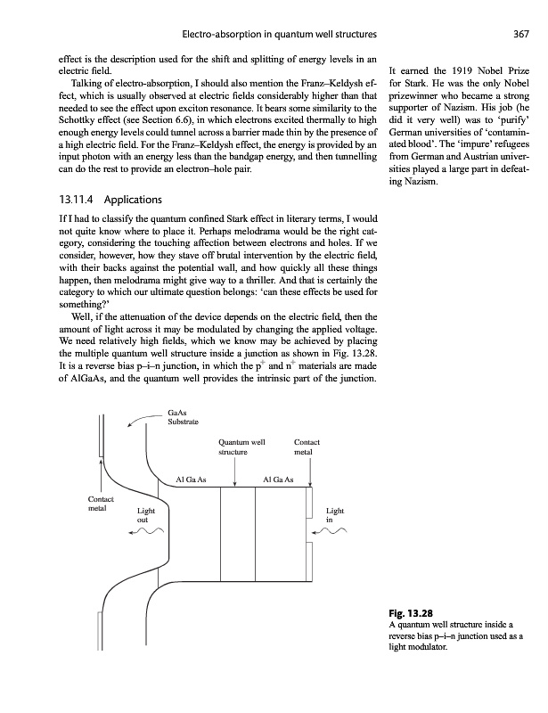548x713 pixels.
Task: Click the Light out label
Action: coord(145,517)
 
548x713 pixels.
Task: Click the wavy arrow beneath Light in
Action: coord(334,534)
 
